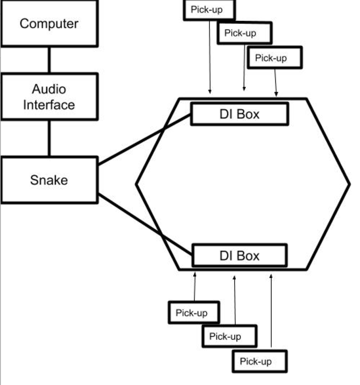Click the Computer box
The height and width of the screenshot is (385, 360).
49,24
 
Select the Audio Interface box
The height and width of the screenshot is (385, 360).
49,97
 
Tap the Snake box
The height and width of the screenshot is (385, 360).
49,179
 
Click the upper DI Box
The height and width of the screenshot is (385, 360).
239,114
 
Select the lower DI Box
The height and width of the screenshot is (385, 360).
239,255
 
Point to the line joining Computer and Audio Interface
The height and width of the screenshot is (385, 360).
49,60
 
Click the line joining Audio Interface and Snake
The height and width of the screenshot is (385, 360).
49,138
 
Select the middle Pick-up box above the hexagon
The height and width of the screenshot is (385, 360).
244,33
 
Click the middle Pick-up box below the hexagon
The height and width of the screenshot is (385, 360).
229,336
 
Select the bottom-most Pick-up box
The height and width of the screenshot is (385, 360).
260,361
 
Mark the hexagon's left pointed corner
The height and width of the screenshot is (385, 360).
137,184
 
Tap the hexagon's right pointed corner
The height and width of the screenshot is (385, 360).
349,184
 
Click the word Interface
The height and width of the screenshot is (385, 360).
49,104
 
